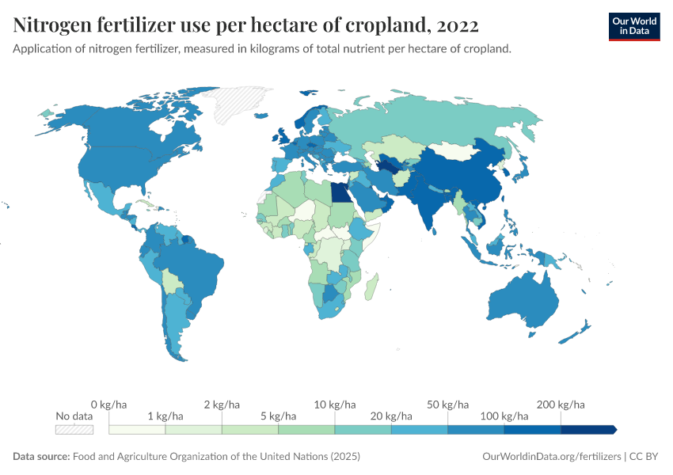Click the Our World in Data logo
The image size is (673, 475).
pyautogui.click(x=633, y=26)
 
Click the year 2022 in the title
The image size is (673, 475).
pyautogui.click(x=457, y=25)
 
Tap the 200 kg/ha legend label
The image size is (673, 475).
pyautogui.click(x=561, y=404)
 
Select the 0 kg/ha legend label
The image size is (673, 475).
pyautogui.click(x=108, y=404)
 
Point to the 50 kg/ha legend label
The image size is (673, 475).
pyautogui.click(x=448, y=404)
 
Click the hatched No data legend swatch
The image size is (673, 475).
pyautogui.click(x=74, y=429)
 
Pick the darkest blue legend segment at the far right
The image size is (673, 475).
pyautogui.click(x=587, y=429)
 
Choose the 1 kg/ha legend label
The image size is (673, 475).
pyautogui.click(x=165, y=416)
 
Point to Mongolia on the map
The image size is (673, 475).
pyautogui.click(x=456, y=150)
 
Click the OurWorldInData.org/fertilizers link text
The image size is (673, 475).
pyautogui.click(x=551, y=457)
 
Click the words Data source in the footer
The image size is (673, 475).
pyautogui.click(x=41, y=457)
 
